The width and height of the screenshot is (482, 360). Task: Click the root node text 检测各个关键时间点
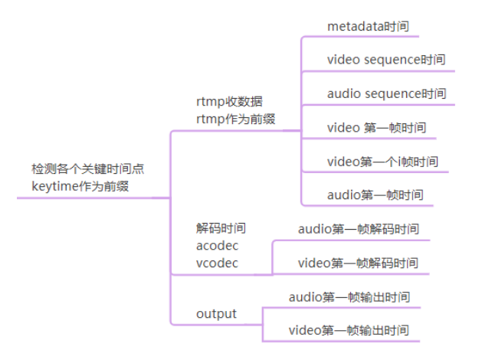pos(87,169)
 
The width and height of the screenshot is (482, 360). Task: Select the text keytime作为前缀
pos(80,186)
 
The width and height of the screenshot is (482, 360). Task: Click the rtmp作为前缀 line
pos(236,118)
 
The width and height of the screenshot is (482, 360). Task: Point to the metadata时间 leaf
pos(368,26)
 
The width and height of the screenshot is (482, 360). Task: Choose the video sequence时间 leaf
pos(385,59)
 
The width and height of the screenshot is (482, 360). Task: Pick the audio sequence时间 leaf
pos(386,93)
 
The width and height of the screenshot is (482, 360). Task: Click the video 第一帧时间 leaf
pos(376,127)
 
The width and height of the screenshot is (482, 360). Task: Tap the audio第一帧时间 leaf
pos(375,195)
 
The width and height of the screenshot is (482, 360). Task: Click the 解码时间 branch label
pos(221,227)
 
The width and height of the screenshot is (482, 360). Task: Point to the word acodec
pos(218,245)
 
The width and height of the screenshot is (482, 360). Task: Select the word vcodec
pos(217,263)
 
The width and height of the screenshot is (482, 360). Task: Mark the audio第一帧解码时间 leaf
pos(358,228)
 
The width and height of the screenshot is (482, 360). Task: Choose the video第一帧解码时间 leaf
pos(358,263)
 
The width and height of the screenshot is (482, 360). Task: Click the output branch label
pos(216,314)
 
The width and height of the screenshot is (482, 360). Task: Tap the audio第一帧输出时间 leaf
pos(349,296)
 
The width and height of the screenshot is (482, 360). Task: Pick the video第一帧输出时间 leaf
pos(349,331)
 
